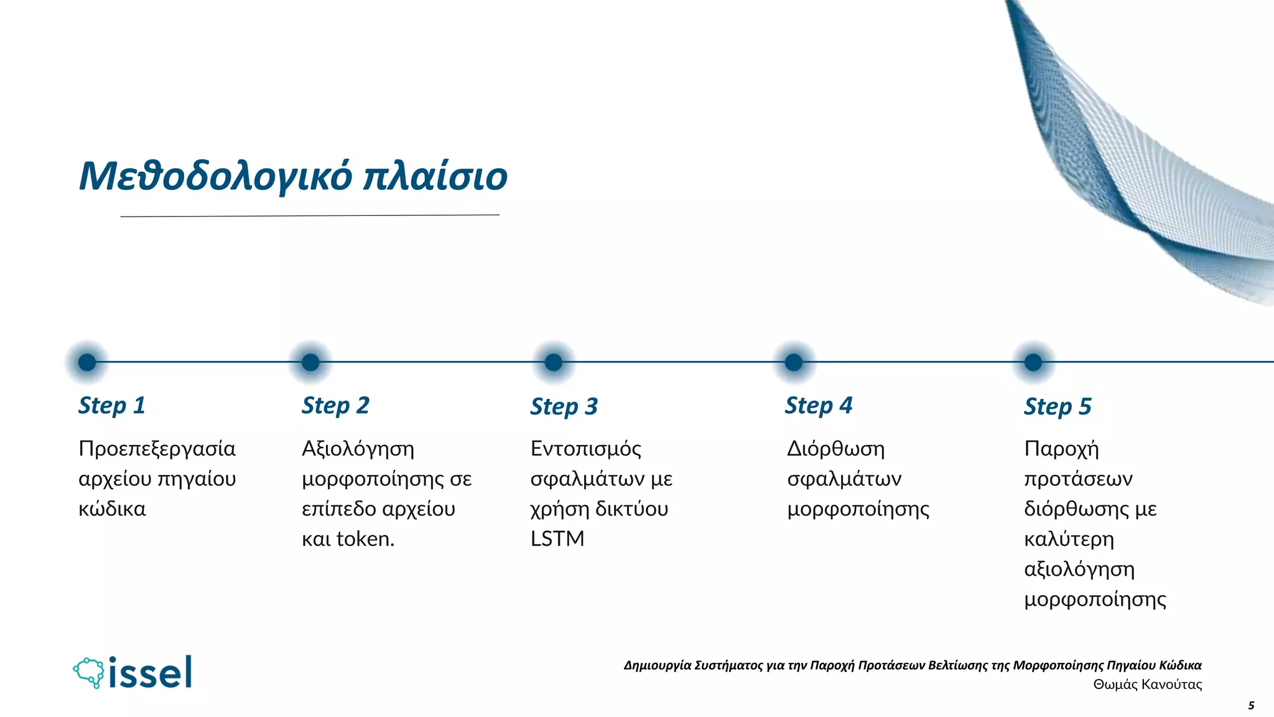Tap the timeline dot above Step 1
coord(87,362)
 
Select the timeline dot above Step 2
coord(310,362)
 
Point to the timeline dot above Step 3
coord(553,362)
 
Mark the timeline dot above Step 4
coord(794,362)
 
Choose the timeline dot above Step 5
coord(1033,362)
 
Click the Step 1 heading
coord(112,405)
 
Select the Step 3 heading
coord(564,406)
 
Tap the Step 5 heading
coord(1058,406)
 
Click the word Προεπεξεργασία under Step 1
coord(157,449)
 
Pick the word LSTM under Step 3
coord(557,538)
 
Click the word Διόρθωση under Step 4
coord(835,449)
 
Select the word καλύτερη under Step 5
coord(1069,538)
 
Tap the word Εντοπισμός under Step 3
coord(585,449)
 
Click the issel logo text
coord(150,673)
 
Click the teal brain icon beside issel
coord(89,672)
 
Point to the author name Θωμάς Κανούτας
coord(1147,685)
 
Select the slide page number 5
coord(1251,706)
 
